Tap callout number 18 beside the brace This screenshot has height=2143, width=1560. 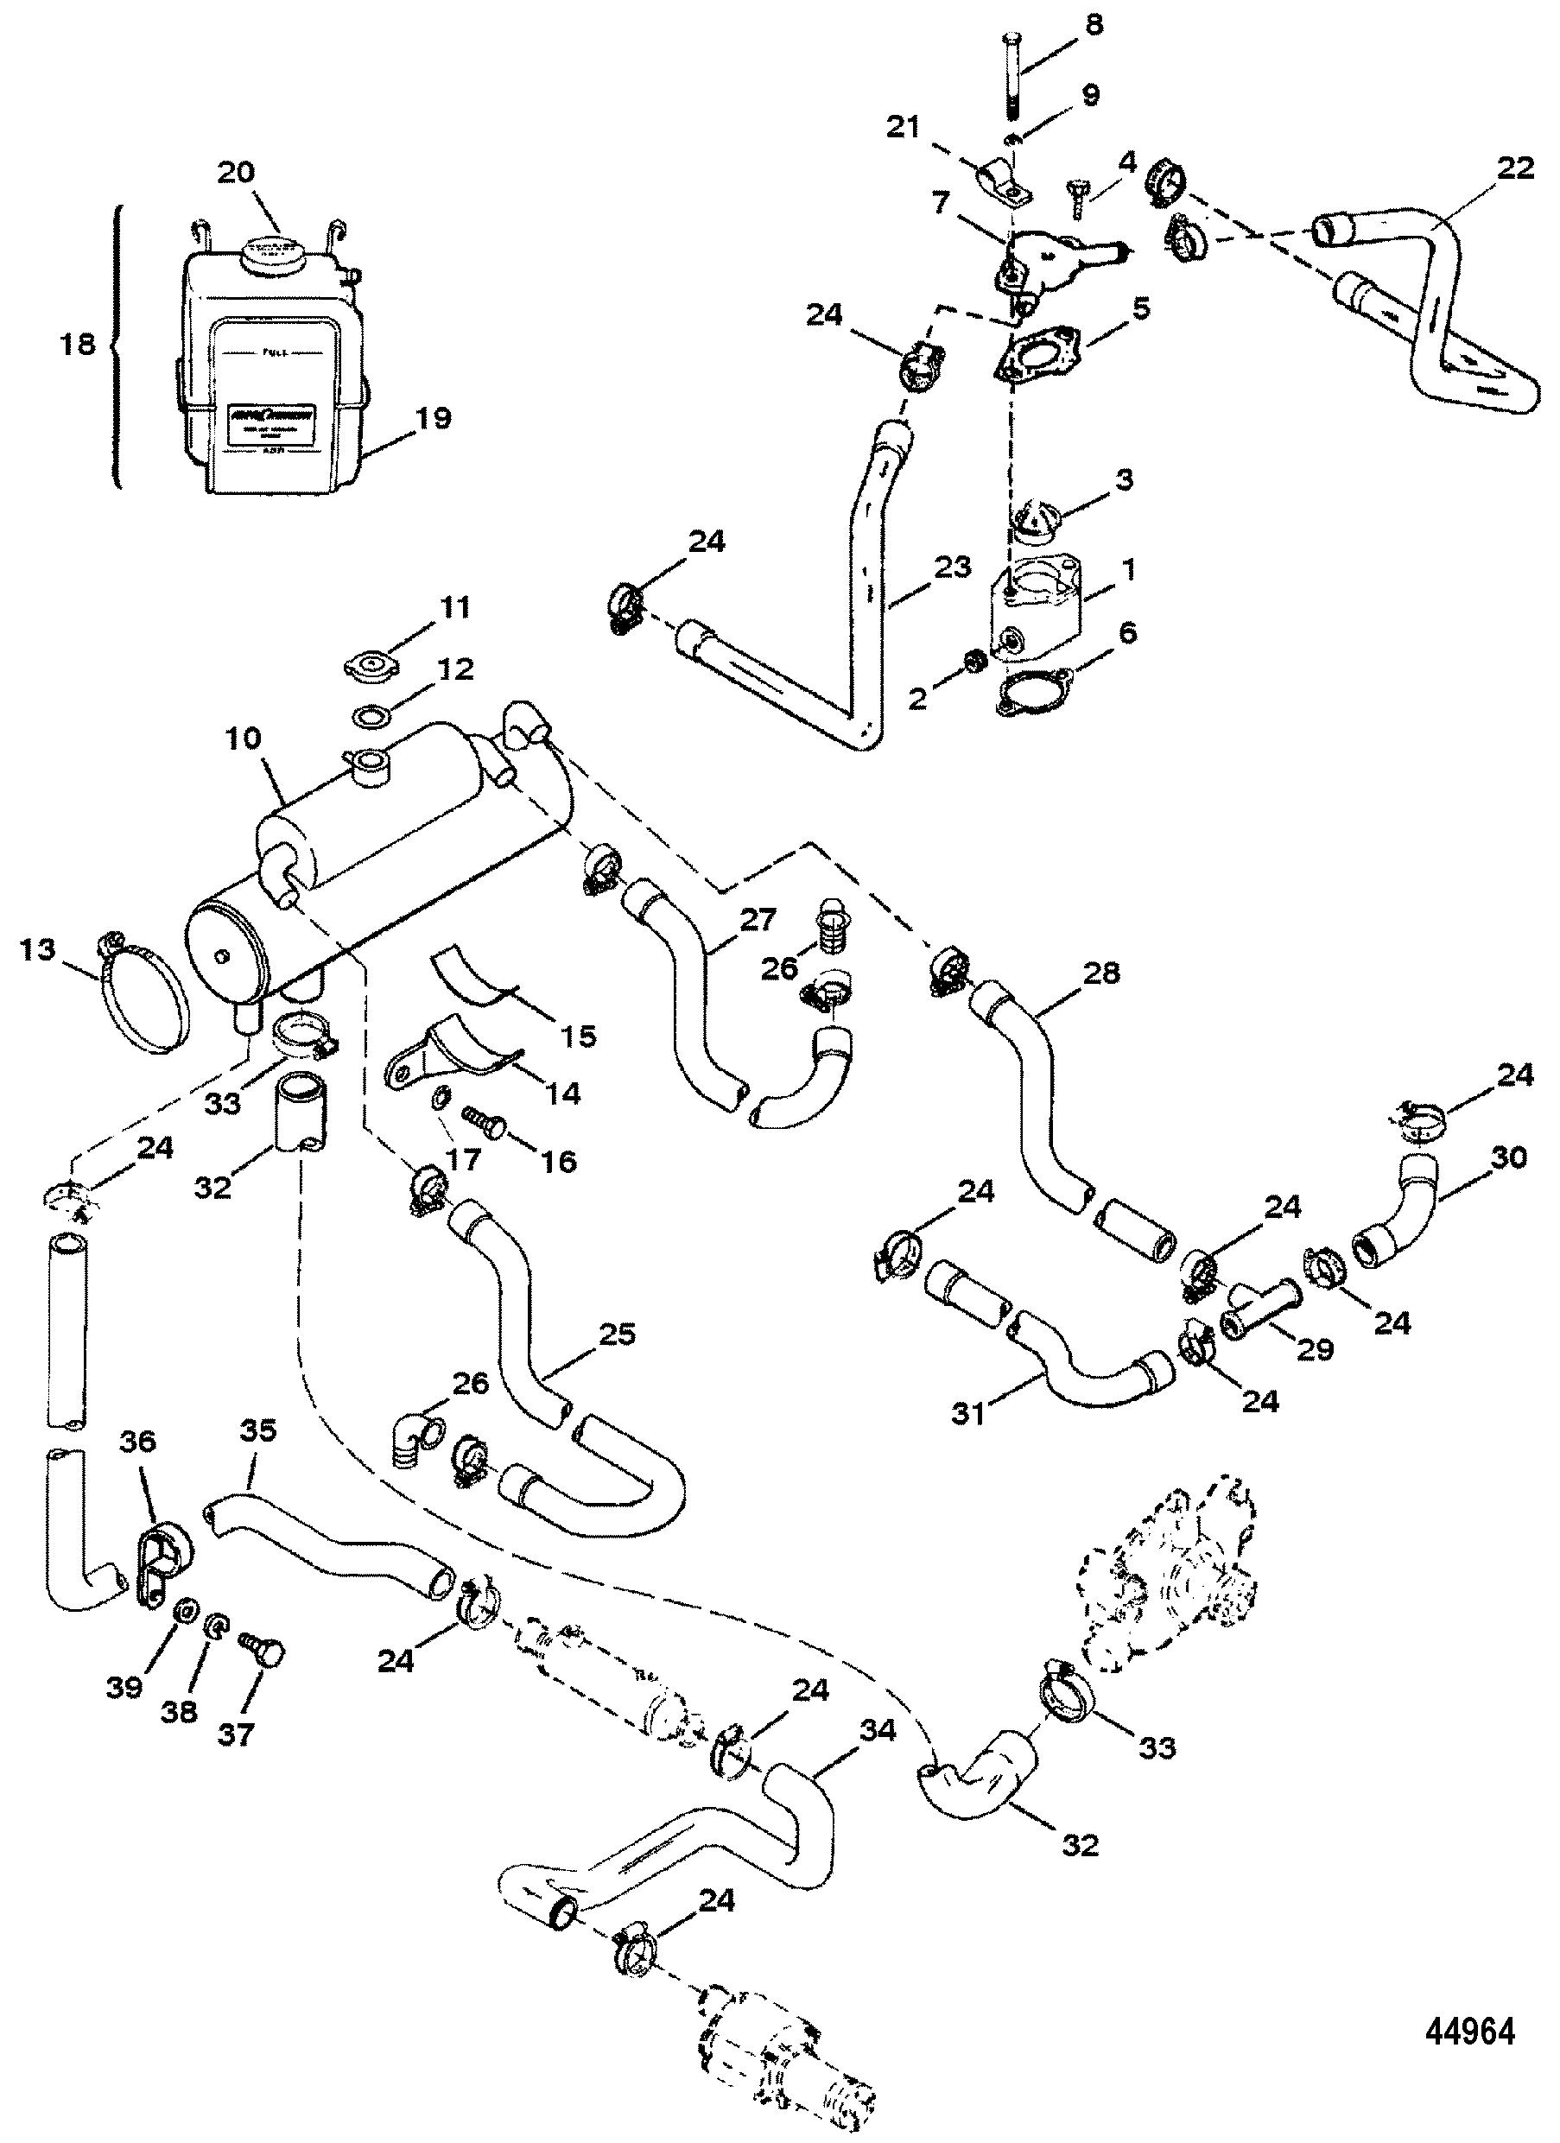coord(78,345)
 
